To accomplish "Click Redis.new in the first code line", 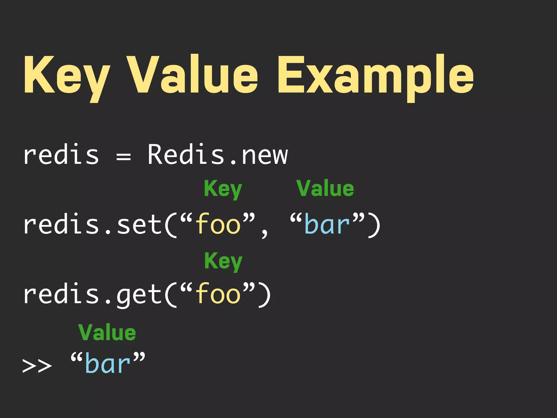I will [218, 155].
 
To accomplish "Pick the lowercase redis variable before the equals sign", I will [61, 155].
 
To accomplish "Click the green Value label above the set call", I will [325, 188].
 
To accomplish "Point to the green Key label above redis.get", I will [223, 261].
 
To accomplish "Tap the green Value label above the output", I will [107, 333].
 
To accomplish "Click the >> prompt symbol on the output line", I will [37, 366].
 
